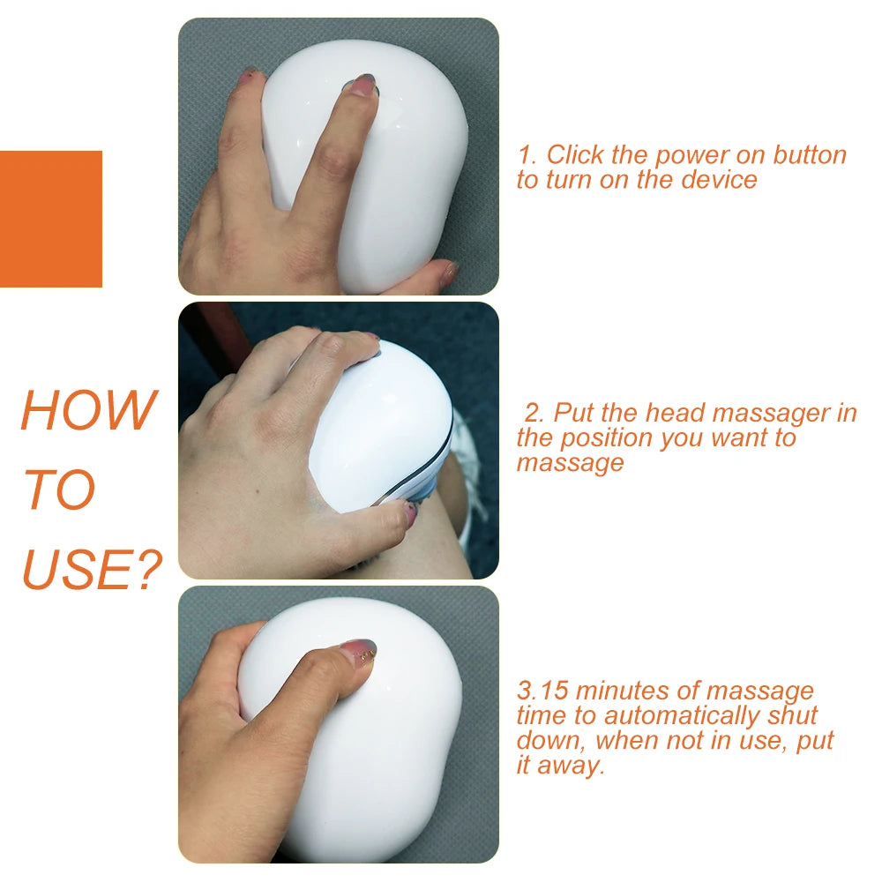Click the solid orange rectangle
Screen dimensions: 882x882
coord(50,219)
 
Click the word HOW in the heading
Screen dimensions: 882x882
coord(87,410)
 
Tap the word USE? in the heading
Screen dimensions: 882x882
coord(92,570)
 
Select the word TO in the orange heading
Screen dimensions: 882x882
coord(58,490)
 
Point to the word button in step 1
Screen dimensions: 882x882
coord(809,155)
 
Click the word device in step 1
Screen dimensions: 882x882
coord(719,180)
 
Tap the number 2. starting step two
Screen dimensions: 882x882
coord(534,413)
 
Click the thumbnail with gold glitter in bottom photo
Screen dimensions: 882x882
coord(358,652)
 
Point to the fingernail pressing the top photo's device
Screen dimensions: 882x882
coord(363,85)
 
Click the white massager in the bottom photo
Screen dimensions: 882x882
coord(370,750)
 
